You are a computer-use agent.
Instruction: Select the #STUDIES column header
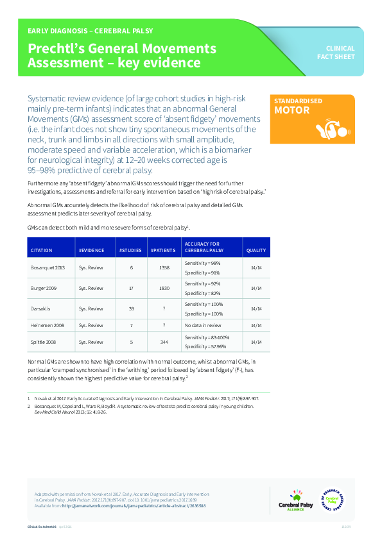point(131,250)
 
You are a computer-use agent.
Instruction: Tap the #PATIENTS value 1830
point(164,288)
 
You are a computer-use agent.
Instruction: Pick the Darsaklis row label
point(40,308)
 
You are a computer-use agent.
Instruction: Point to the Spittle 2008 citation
point(43,342)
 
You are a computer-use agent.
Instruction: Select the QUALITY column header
point(256,250)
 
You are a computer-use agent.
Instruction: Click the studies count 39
point(131,308)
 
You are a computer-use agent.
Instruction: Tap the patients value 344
point(164,342)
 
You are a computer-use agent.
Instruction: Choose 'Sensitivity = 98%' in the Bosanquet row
point(202,263)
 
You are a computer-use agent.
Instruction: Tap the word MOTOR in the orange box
point(292,110)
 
